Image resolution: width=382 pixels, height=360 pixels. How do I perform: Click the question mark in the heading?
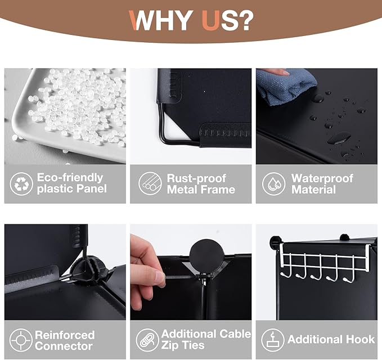tap(244, 20)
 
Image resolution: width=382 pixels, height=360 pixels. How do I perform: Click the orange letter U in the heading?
tap(211, 20)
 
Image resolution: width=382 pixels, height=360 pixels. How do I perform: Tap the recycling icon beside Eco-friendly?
tap(21, 184)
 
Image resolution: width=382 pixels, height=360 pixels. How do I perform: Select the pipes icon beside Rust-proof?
tap(150, 183)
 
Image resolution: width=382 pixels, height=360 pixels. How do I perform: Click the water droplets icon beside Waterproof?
tap(273, 183)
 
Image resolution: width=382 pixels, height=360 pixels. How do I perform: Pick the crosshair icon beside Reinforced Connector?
tap(21, 340)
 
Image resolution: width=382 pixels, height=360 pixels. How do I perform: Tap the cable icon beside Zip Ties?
tap(147, 340)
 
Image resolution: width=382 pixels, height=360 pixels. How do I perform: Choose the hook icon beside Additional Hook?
tap(273, 340)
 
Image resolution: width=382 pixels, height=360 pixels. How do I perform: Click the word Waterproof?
tap(322, 178)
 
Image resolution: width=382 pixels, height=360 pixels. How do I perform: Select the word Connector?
tap(64, 346)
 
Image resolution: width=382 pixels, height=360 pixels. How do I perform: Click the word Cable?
tap(235, 334)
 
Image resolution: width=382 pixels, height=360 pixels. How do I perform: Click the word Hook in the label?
tap(361, 339)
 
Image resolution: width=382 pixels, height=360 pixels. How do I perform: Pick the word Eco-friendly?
tap(70, 178)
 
